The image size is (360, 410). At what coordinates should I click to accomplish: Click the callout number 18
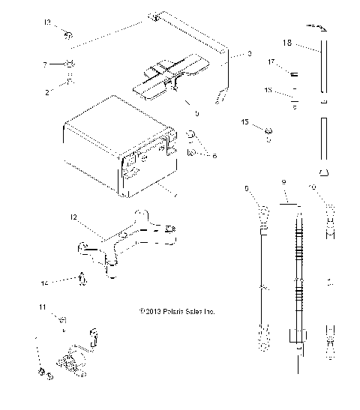tap(286, 44)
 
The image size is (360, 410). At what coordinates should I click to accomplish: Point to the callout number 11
tap(42, 307)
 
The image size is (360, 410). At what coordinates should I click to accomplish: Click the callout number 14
tap(44, 283)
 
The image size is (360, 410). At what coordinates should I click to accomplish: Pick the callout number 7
tap(46, 64)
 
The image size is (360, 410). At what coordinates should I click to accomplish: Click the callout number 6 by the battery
tap(215, 155)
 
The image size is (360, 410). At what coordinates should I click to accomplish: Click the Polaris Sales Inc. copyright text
tap(177, 310)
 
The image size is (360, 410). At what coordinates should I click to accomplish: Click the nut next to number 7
tap(69, 63)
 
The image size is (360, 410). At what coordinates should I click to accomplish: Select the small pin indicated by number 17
tap(295, 73)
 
